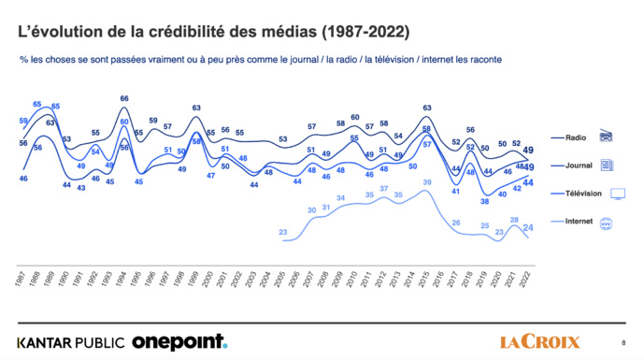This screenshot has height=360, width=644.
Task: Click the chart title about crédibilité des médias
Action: (213, 32)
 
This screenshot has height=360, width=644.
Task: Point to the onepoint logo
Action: (179, 341)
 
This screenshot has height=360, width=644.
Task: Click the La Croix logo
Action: (539, 341)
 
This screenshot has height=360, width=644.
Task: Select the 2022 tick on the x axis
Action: (529, 281)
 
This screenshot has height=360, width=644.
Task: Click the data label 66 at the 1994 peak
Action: (124, 98)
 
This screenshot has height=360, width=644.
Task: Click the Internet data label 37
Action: (383, 188)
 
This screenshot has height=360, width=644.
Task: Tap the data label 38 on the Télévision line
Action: (485, 201)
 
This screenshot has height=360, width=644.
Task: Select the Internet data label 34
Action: (340, 198)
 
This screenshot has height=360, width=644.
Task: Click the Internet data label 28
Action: (513, 220)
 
